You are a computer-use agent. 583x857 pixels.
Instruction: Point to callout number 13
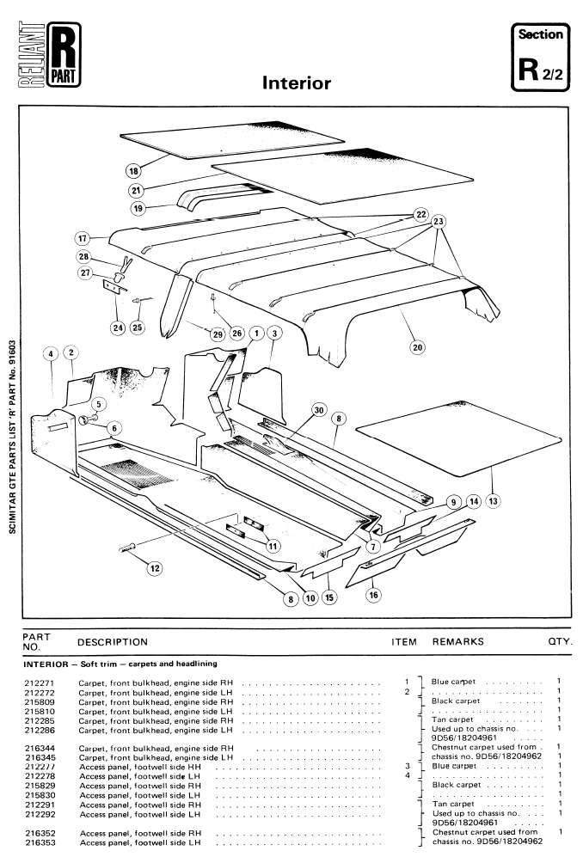pyautogui.click(x=494, y=499)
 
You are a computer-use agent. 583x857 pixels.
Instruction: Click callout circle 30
pyautogui.click(x=319, y=412)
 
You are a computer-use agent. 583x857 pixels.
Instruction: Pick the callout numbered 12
pyautogui.click(x=155, y=567)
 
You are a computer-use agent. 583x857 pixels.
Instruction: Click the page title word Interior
pyautogui.click(x=297, y=83)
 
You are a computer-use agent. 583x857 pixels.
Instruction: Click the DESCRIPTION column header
pyautogui.click(x=112, y=641)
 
